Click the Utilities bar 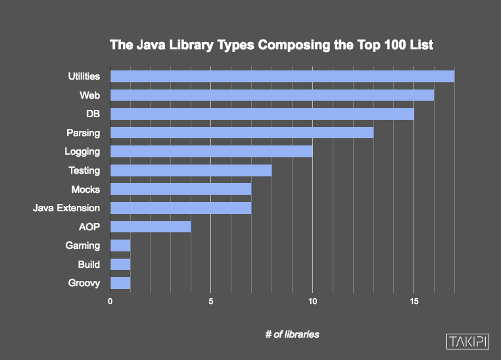pos(282,76)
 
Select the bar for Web pos(272,95)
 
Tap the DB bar pos(262,114)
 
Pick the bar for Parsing pos(242,133)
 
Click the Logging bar pos(211,151)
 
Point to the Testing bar pos(191,170)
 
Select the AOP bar pos(151,227)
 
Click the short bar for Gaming pos(120,245)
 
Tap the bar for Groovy pos(120,284)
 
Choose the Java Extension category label pos(66,208)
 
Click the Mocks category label pos(85,190)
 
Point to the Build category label pos(88,265)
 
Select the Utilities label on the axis pos(84,76)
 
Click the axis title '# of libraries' pos(292,334)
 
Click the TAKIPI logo pos(467,342)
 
